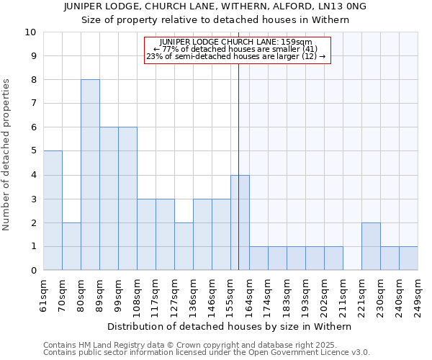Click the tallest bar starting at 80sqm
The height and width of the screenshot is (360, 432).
(90, 175)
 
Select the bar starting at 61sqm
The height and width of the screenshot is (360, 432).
(53, 210)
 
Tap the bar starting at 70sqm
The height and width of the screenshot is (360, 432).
(71, 246)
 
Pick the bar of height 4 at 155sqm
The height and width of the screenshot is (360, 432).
(240, 222)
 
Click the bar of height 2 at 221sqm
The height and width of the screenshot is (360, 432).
(371, 246)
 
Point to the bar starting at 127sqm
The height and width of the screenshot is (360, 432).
(184, 246)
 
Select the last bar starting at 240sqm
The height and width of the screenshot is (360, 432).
(408, 258)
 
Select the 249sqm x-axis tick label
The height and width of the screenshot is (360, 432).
(418, 294)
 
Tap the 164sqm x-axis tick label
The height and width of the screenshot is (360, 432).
(250, 294)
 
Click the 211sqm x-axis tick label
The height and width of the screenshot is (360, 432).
(343, 294)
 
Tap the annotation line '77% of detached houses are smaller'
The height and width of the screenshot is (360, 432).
(238, 49)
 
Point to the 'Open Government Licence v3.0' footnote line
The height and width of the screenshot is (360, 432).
(207, 353)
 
